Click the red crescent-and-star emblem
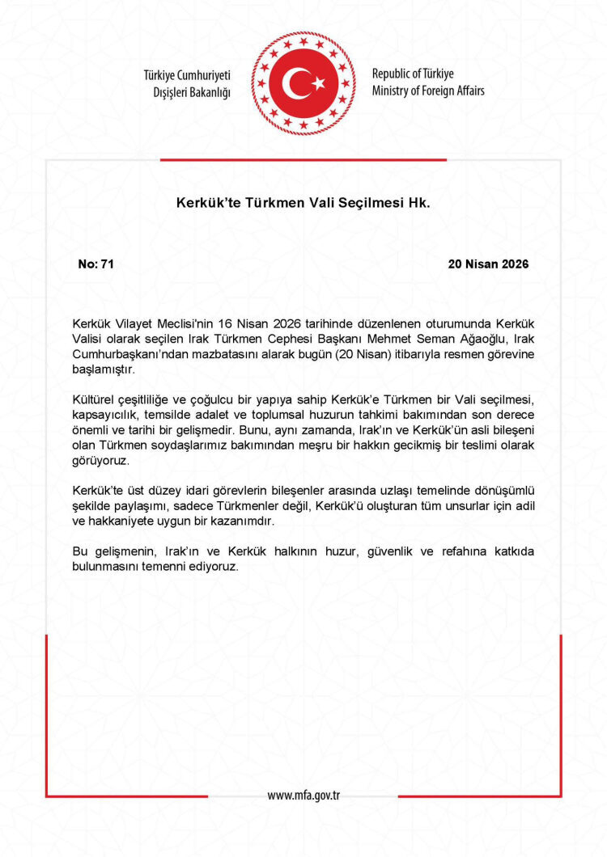tap(303, 82)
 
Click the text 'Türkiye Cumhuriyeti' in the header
tap(187, 74)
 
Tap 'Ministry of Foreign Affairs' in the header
tap(428, 91)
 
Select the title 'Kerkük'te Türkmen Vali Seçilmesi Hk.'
tap(303, 204)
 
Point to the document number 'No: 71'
tap(96, 264)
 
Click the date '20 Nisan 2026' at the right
tap(488, 264)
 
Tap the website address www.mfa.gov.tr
tap(303, 795)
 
